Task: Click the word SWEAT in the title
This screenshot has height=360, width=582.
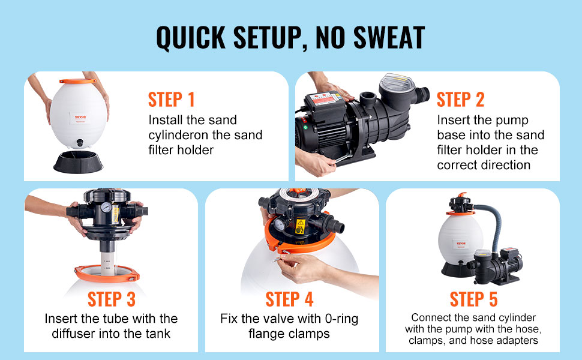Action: tap(389, 37)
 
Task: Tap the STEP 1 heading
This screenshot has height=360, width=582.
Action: tap(172, 100)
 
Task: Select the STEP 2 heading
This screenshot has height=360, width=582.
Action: tap(460, 100)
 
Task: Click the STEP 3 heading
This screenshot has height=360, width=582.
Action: tap(112, 299)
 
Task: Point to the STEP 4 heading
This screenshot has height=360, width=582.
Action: tap(290, 299)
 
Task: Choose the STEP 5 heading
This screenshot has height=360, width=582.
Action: tap(473, 299)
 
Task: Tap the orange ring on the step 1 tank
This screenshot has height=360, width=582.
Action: tap(77, 81)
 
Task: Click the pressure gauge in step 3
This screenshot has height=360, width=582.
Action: tap(106, 208)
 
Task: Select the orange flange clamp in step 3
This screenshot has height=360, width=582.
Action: tap(107, 274)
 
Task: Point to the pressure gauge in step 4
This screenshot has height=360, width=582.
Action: tap(279, 224)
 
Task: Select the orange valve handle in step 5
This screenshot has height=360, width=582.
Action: tap(462, 194)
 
